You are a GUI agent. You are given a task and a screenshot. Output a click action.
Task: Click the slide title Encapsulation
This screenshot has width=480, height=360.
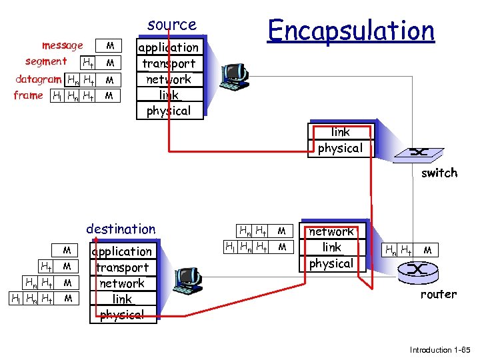click(x=351, y=30)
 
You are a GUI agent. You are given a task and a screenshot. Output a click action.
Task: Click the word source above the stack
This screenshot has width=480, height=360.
click(x=172, y=25)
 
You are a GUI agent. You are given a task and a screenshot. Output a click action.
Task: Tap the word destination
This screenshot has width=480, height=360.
click(x=121, y=229)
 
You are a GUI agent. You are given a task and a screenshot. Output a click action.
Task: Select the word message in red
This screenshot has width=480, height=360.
click(x=62, y=45)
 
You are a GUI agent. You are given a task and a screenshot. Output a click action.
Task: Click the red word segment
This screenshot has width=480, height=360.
click(x=46, y=61)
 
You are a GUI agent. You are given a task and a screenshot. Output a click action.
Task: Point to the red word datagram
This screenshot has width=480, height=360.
click(x=39, y=79)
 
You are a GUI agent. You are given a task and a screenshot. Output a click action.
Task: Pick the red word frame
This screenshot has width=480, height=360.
click(x=28, y=95)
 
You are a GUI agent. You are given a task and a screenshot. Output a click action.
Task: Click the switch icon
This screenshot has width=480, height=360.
click(x=419, y=152)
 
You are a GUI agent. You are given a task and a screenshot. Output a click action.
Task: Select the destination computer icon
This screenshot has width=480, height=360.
click(x=188, y=281)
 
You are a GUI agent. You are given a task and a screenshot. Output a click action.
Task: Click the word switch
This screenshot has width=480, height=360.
click(x=439, y=173)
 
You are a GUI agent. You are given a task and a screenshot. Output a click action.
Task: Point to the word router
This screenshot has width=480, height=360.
click(x=438, y=294)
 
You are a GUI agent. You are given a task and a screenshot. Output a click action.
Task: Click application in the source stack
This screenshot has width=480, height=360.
click(x=168, y=47)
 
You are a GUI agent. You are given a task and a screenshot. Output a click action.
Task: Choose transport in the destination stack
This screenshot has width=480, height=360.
click(x=122, y=267)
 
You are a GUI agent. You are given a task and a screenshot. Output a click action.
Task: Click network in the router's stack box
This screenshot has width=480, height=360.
click(x=331, y=231)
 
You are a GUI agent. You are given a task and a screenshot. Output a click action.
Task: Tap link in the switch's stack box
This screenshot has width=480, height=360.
click(x=340, y=132)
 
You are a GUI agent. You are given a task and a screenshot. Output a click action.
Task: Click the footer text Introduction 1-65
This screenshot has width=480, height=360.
click(x=439, y=349)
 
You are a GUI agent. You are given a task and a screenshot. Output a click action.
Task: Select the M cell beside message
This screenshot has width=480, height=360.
click(x=111, y=46)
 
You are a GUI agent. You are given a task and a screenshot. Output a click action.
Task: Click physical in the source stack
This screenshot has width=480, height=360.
click(x=168, y=111)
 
